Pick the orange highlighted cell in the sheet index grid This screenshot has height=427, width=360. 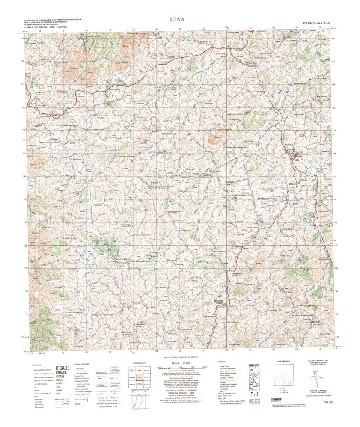pyautogui.click(x=139, y=377)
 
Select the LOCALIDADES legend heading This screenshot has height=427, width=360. pyautogui.click(x=36, y=364)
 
